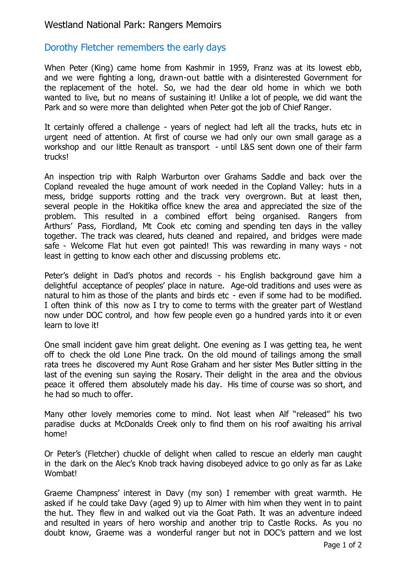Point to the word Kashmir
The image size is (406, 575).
[200, 68]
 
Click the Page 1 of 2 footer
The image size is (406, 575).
[342, 545]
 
